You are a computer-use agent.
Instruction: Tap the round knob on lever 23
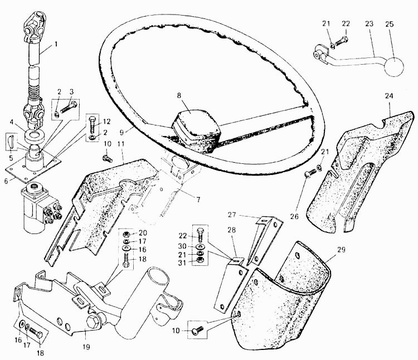click(x=393, y=67)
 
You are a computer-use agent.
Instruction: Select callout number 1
click(x=56, y=43)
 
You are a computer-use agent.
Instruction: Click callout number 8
click(x=179, y=96)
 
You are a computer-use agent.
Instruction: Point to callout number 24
click(x=389, y=96)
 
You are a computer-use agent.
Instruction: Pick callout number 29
click(x=341, y=250)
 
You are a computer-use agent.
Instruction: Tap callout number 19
click(x=86, y=347)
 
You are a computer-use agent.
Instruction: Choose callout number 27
click(x=232, y=215)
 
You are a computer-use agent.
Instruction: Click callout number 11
click(x=121, y=144)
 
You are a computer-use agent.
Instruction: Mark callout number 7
click(x=198, y=200)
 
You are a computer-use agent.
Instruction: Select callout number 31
click(x=182, y=262)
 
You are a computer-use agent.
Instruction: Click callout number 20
click(x=143, y=233)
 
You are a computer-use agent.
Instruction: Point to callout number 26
click(x=294, y=217)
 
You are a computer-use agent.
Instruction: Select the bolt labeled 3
click(x=69, y=107)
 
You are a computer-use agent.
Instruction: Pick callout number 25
click(x=390, y=24)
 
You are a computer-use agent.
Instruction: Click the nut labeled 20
click(x=127, y=235)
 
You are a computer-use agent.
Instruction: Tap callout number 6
click(x=6, y=181)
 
